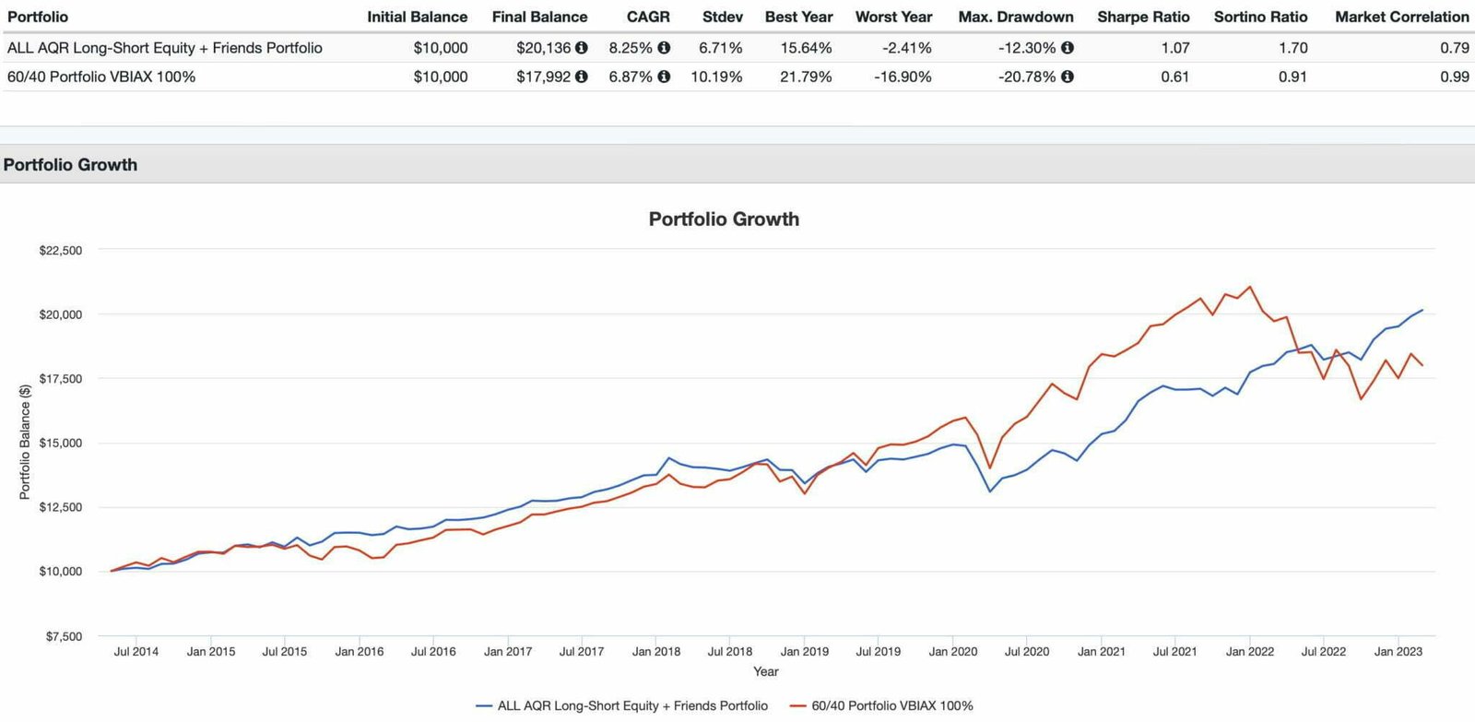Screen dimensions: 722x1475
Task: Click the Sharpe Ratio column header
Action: coord(1143,17)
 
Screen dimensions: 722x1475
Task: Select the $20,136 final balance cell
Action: coord(543,48)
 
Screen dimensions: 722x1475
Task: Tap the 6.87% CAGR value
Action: coord(631,77)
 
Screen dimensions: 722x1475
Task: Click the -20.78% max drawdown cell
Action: coord(1027,77)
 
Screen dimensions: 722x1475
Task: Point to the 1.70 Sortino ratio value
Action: coord(1292,48)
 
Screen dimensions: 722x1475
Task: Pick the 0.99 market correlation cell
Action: coord(1454,77)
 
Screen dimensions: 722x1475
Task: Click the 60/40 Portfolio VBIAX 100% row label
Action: coord(101,77)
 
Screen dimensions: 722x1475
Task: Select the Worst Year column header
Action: coord(893,17)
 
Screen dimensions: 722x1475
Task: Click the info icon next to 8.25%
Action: coord(664,48)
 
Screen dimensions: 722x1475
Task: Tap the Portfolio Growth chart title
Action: coord(724,219)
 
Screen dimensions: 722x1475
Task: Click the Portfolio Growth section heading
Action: coord(70,165)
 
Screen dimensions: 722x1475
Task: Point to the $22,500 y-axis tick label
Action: coord(60,251)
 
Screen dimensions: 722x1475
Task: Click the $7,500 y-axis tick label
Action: coord(63,636)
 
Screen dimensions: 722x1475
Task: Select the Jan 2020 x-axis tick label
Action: coord(952,652)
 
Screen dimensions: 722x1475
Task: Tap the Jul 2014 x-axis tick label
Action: coord(136,652)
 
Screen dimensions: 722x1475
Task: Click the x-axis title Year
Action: coord(765,672)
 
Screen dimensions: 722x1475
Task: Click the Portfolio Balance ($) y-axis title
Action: coord(25,443)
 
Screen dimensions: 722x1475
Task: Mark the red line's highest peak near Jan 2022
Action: coord(1250,287)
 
